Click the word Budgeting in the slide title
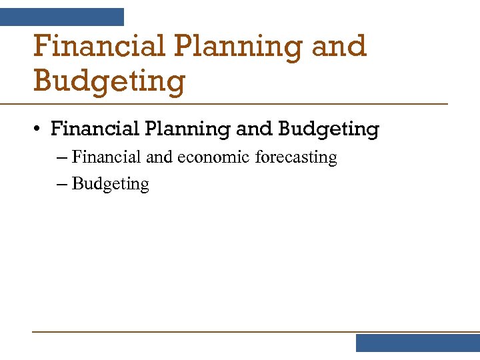click(109, 82)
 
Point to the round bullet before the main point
click(39, 129)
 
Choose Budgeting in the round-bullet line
click(328, 129)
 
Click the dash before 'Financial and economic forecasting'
click(62, 158)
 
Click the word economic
click(213, 157)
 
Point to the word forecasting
click(296, 158)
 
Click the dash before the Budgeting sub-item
click(62, 185)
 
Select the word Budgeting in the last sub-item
click(111, 185)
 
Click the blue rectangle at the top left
click(62, 17)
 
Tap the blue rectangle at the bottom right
click(417, 343)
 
